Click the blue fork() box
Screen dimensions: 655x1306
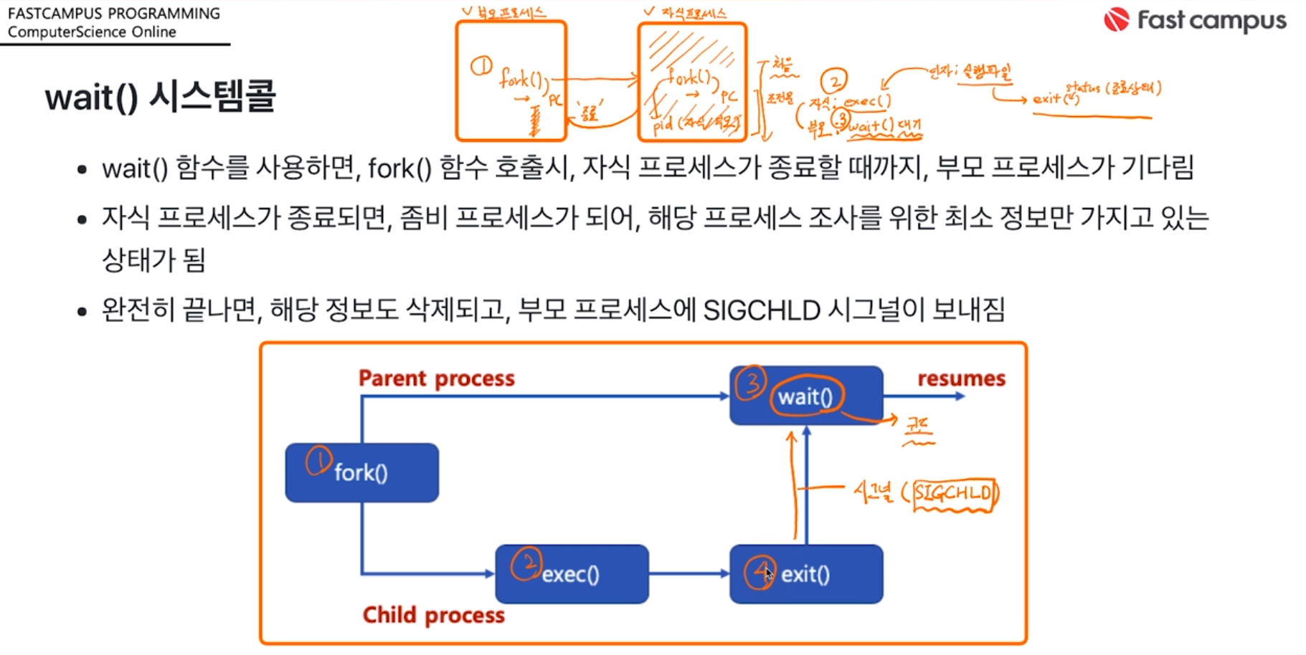tap(361, 473)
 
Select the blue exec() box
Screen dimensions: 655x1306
tap(572, 574)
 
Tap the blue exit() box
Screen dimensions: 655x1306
tap(806, 574)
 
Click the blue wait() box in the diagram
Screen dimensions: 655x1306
tap(806, 396)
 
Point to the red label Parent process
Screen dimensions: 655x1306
tap(436, 378)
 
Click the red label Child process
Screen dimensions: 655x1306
tap(433, 615)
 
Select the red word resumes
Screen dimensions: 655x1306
tap(961, 378)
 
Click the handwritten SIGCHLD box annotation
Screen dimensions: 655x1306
tap(954, 494)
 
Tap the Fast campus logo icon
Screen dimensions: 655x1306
tap(1116, 20)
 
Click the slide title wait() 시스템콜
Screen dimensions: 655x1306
tap(160, 97)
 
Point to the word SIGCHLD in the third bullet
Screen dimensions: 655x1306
tap(762, 310)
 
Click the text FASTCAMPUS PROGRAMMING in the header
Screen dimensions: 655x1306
tap(114, 14)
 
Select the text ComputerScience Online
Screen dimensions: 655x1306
tap(92, 32)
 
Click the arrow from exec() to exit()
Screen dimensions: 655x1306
tap(689, 573)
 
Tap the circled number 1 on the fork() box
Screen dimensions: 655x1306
tap(318, 461)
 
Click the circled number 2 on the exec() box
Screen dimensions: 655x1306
tap(526, 564)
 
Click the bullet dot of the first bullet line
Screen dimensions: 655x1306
tap(82, 170)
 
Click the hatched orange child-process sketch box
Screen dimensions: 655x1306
tap(692, 82)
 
